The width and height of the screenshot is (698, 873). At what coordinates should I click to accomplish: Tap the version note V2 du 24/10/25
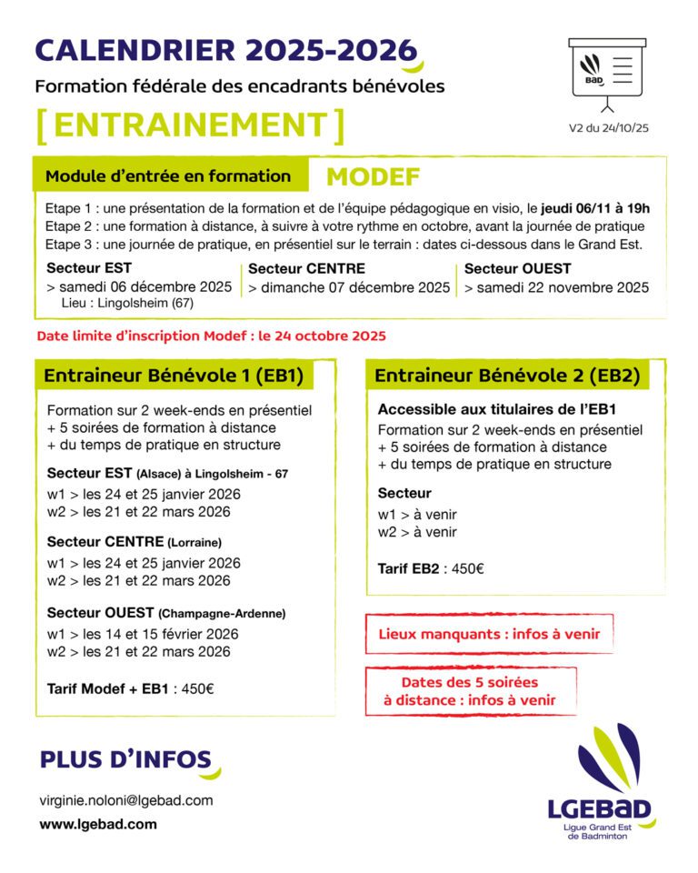[x=608, y=128]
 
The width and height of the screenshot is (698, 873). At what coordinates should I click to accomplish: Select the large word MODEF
[x=373, y=176]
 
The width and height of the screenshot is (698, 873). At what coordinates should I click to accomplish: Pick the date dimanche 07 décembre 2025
[x=349, y=288]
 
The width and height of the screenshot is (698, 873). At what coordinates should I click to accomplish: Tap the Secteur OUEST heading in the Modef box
[x=517, y=268]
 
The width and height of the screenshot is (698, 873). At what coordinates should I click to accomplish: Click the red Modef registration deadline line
[x=211, y=336]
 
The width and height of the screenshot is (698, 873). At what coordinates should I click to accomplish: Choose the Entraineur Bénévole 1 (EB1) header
[x=174, y=376]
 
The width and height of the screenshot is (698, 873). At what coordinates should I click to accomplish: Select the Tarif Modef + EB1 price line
[x=130, y=688]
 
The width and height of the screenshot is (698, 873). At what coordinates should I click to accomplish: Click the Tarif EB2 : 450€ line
[x=431, y=568]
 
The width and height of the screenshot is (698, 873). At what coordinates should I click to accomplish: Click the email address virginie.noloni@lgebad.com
[x=126, y=800]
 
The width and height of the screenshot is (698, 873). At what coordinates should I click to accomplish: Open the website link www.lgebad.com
[x=97, y=824]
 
